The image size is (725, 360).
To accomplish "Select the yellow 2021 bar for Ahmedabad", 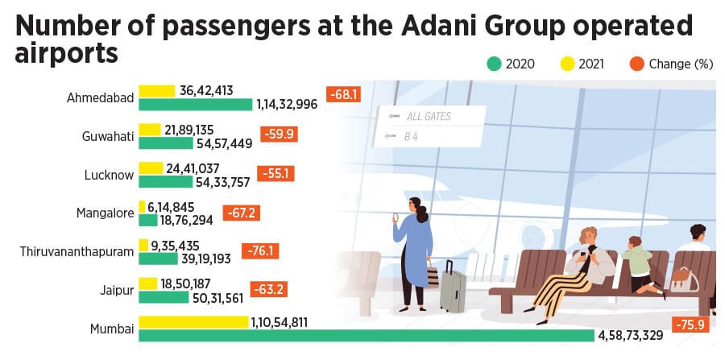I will (157, 91).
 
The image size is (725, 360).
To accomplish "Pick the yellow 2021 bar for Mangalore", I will (142, 207).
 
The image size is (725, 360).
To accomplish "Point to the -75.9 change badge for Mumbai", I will (694, 327).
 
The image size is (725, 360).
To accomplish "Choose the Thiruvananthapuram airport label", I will (77, 252).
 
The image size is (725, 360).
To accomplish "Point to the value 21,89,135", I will (189, 130).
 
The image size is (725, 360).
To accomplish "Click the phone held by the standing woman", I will (396, 217).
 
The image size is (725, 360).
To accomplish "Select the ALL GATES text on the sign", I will (428, 117).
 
